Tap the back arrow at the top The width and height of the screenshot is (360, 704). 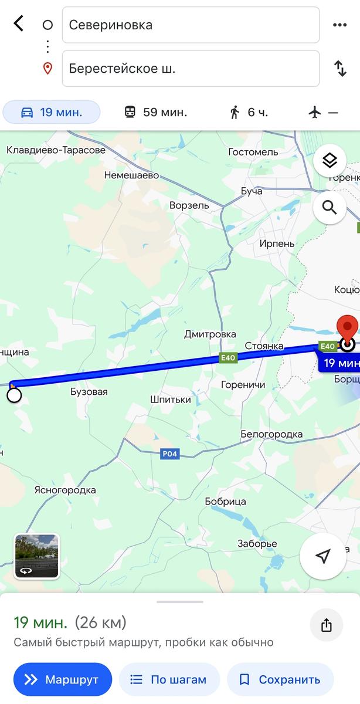(19, 24)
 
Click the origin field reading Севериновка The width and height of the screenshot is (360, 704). (191, 25)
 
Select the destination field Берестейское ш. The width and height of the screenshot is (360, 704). (191, 68)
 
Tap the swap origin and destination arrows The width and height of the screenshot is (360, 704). (340, 68)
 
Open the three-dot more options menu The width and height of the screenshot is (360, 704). (340, 25)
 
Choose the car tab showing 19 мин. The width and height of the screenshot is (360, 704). (52, 112)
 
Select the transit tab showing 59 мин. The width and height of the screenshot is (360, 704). (155, 112)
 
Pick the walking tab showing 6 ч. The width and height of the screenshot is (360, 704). (249, 112)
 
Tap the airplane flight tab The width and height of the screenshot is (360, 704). (323, 112)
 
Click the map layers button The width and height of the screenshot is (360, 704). (330, 160)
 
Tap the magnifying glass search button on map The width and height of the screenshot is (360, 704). (330, 207)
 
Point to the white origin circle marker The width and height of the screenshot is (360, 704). (14, 395)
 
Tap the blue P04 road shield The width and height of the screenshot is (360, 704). (169, 454)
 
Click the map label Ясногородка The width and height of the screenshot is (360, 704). (65, 490)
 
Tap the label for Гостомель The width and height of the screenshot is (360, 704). (253, 152)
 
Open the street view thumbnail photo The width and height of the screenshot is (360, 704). (36, 556)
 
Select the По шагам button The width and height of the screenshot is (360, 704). (169, 680)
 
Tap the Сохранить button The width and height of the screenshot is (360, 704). (280, 680)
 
